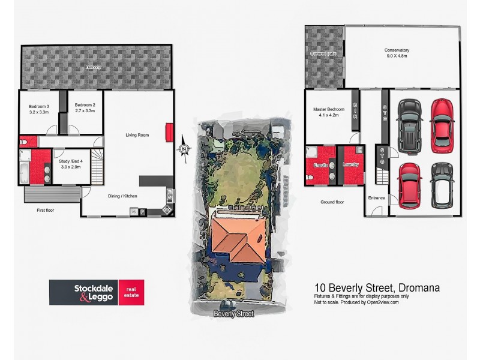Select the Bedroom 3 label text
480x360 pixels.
click(39, 106)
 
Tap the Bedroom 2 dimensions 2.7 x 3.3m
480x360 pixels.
click(84, 112)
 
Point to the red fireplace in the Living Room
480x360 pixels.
click(169, 131)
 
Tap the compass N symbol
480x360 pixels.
click(184, 148)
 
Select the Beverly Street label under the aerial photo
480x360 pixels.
click(234, 314)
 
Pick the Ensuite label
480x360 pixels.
click(320, 164)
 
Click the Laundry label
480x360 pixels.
click(350, 164)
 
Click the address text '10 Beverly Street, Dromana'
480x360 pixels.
click(377, 288)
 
